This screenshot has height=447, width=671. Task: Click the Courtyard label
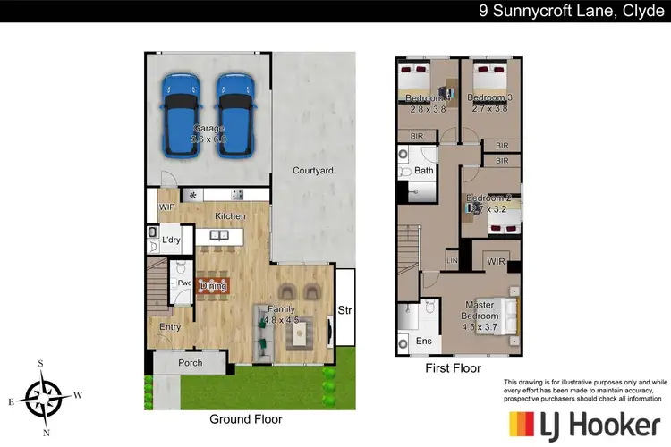[313, 170]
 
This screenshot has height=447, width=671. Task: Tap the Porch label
[191, 363]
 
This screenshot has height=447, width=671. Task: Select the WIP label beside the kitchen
[167, 207]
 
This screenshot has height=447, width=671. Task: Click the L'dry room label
[172, 240]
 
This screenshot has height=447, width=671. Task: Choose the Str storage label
[344, 311]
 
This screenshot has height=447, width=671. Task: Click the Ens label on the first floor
[424, 342]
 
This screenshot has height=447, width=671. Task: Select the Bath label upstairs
[424, 170]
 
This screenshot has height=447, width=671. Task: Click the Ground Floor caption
[245, 418]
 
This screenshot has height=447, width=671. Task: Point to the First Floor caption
[452, 367]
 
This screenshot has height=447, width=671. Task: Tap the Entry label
[170, 327]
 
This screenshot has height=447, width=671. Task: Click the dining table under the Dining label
[213, 286]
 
